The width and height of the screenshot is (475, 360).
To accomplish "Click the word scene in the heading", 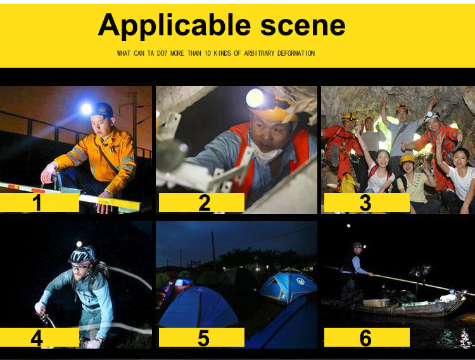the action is tap(303, 25).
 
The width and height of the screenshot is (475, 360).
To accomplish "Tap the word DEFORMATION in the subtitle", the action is tap(296, 53).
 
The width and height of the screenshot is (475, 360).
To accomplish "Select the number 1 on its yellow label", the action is tap(37, 202).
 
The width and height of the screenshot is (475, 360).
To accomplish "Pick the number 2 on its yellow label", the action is tap(204, 202).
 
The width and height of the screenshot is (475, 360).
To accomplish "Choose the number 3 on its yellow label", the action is tap(365, 202).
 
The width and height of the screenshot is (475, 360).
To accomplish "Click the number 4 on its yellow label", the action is tap(37, 338).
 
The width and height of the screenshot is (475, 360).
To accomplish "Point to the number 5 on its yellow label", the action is tap(203, 338).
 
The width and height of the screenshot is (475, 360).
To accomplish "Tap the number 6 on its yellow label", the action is tap(365, 338).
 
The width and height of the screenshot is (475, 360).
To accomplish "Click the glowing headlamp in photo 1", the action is tap(86, 109).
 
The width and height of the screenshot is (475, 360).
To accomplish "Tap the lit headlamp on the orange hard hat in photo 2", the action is tap(255, 98).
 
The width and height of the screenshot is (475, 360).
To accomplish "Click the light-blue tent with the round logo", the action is tap(287, 286).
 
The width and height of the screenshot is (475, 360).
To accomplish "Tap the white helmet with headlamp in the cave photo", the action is tap(431, 116).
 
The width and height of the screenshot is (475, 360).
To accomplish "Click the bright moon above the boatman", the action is tap(349, 226).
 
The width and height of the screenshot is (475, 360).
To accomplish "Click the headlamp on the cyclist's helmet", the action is tap(79, 244).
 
